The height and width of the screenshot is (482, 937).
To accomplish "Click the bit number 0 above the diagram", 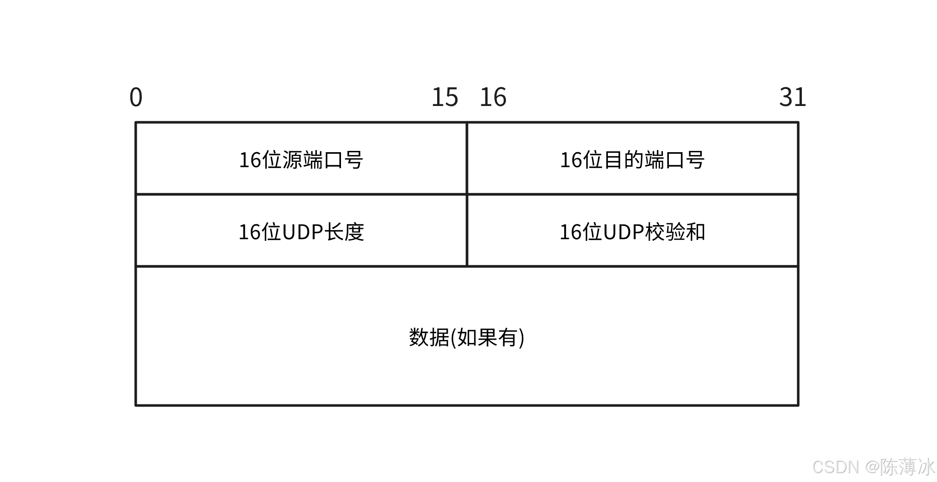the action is (136, 97).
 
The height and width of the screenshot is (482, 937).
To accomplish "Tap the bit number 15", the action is (445, 97).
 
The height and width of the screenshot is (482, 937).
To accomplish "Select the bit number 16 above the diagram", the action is (493, 97).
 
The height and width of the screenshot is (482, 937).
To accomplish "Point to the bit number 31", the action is (793, 97).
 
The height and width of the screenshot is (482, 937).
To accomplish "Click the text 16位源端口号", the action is (301, 160).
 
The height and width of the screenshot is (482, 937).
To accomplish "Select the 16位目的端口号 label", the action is (632, 160).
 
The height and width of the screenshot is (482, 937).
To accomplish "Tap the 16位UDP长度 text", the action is (301, 232).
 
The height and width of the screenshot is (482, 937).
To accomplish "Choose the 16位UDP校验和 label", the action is (632, 232).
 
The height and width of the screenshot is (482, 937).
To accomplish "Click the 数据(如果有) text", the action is (466, 338).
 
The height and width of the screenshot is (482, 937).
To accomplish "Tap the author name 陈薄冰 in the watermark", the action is (907, 467).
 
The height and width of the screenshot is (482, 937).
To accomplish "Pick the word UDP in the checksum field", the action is (623, 232).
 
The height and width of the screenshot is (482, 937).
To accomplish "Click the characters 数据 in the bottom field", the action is (429, 338).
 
